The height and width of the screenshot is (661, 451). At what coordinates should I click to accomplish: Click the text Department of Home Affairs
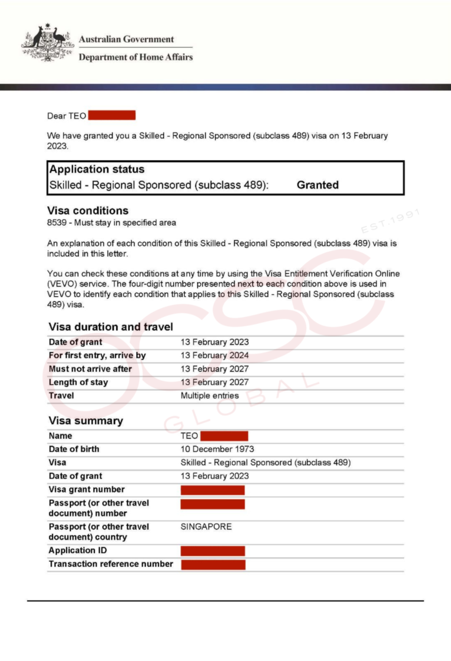coord(136,57)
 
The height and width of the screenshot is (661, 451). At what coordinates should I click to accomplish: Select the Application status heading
coord(97,170)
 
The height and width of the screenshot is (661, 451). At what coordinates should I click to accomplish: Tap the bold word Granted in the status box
coord(317,185)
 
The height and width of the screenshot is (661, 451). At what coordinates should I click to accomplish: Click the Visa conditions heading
coord(88,210)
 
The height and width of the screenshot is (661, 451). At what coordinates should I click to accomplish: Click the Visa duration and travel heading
coord(110,327)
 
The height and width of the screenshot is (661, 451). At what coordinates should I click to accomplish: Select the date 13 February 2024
coord(215,356)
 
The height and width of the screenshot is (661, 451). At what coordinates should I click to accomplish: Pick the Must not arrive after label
coord(90,369)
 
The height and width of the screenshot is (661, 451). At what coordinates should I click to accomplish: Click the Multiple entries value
coord(209,396)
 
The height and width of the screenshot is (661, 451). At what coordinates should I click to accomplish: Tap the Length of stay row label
coord(78,383)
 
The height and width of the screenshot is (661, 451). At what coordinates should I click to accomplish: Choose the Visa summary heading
coord(85,421)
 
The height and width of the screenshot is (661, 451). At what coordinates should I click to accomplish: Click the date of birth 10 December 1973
coord(217,449)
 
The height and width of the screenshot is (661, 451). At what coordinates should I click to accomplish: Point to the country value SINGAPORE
coord(206,527)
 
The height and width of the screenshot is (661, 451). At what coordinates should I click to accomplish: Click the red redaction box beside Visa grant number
coord(213,490)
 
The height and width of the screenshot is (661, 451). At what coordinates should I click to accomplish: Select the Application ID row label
coord(78,551)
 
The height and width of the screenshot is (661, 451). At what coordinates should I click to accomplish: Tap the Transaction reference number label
coord(110,564)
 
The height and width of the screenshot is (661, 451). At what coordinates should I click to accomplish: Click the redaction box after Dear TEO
coord(112,116)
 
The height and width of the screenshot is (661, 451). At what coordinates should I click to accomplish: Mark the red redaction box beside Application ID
coord(213,551)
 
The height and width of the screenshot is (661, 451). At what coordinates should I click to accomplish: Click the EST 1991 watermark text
coord(392,220)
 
